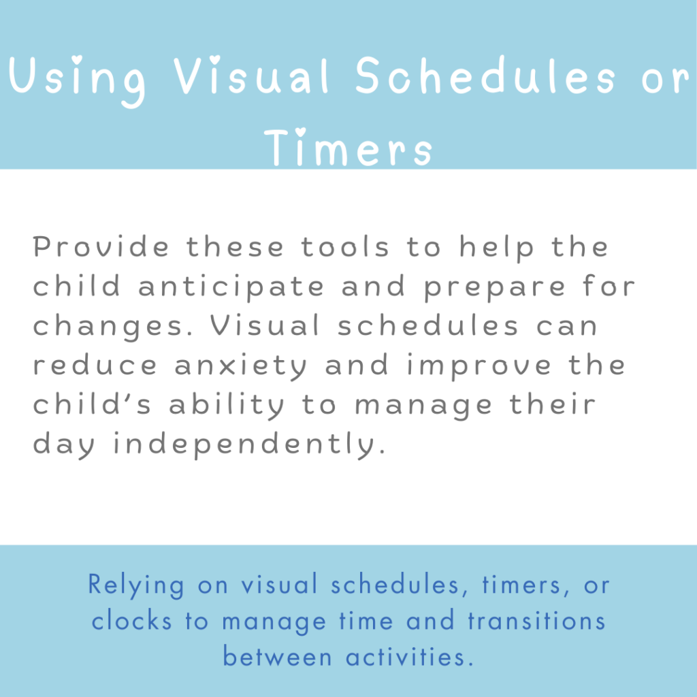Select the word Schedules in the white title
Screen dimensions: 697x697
coord(485,75)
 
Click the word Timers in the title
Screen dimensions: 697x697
coord(348,147)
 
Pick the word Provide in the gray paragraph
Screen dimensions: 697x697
coord(101,246)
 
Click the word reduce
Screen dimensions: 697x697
coord(95,365)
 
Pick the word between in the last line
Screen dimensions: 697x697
coord(278,656)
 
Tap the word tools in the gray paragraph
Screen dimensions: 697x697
coord(345,246)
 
